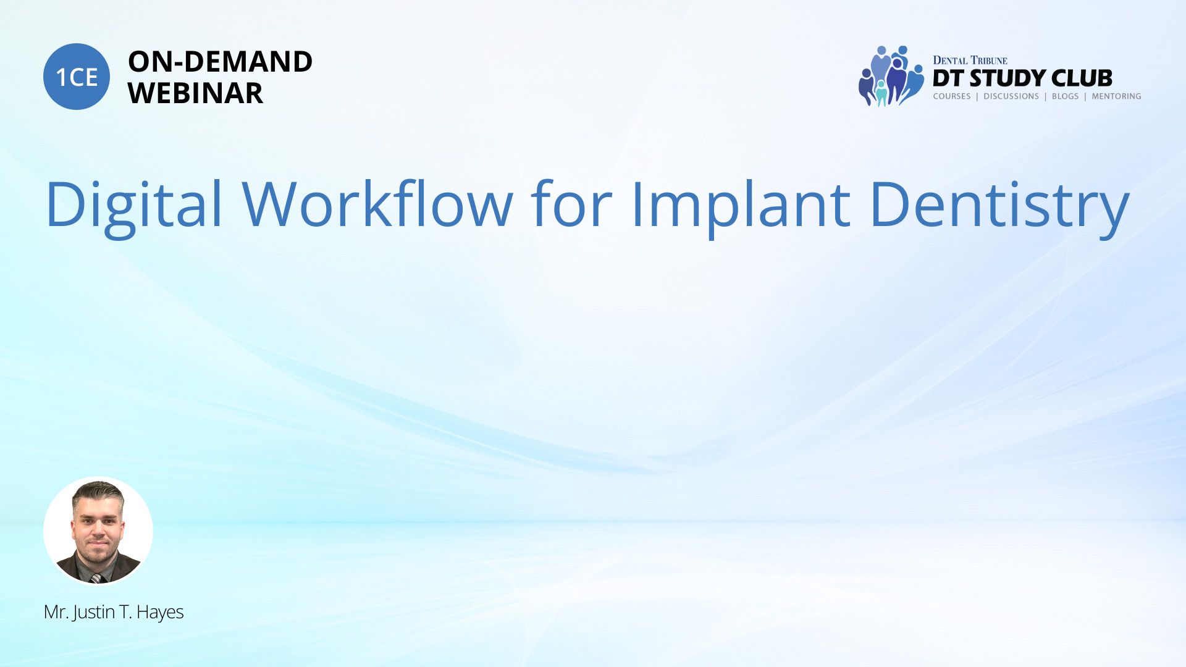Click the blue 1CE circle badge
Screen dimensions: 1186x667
pyautogui.click(x=77, y=77)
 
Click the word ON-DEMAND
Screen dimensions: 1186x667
pyautogui.click(x=220, y=62)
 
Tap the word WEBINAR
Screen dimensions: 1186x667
pyautogui.click(x=195, y=93)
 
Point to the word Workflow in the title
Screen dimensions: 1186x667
pyautogui.click(x=377, y=203)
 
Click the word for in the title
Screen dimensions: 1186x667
pyautogui.click(x=571, y=203)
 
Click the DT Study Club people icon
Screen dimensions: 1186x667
pyautogui.click(x=891, y=76)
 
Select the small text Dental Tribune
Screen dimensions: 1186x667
pyautogui.click(x=970, y=61)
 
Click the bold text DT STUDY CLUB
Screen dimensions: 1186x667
pyautogui.click(x=1022, y=78)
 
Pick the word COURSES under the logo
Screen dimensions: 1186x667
pyautogui.click(x=952, y=96)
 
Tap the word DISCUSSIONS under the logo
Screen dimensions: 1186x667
pyautogui.click(x=1011, y=96)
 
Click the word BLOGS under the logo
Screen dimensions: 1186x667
pyautogui.click(x=1065, y=96)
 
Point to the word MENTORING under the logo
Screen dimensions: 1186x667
pyautogui.click(x=1116, y=96)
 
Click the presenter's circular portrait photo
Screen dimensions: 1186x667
pyautogui.click(x=98, y=531)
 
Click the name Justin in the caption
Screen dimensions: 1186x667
pyautogui.click(x=94, y=613)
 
